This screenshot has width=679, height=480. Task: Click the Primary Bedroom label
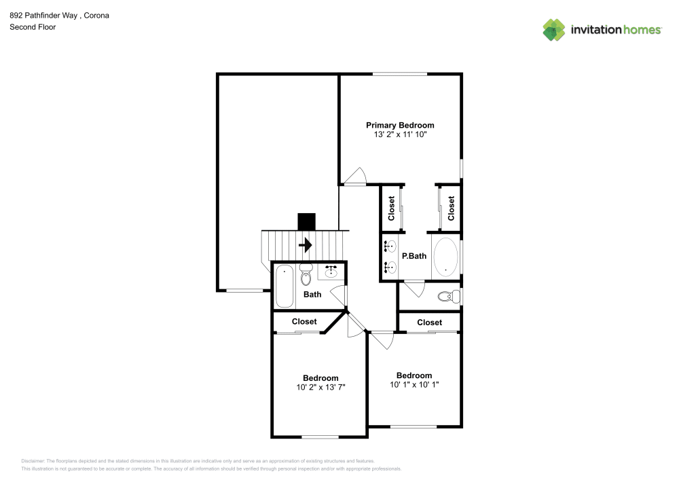[400, 125]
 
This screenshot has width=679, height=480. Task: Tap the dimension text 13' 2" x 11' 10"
[400, 135]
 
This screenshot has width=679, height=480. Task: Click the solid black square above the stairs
[307, 222]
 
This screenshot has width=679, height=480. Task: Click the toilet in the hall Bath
[305, 275]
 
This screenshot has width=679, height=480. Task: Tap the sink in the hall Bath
[331, 271]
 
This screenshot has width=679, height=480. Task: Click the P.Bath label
[414, 257]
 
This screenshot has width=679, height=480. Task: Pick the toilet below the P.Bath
[447, 297]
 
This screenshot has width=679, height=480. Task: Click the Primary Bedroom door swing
[354, 176]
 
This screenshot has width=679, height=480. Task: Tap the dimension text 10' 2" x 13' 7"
[320, 388]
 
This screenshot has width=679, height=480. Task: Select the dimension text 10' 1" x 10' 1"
[414, 385]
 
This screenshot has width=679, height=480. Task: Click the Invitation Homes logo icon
[554, 30]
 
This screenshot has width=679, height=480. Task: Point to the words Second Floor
[33, 27]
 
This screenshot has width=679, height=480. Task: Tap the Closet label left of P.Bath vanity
[392, 208]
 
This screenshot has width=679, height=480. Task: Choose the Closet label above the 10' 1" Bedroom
[429, 322]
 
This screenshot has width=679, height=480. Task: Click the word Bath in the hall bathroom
[312, 295]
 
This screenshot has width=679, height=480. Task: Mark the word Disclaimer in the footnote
[33, 460]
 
